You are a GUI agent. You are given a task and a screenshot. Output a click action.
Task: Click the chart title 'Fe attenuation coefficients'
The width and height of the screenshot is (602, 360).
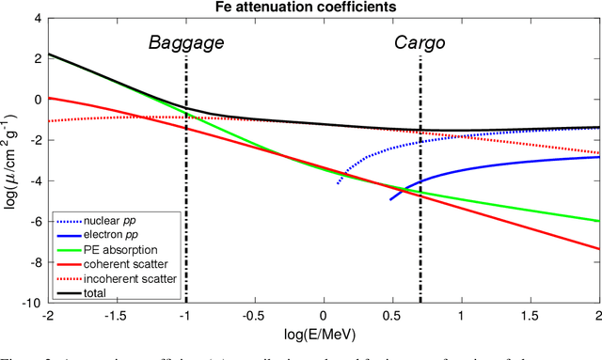[x=323, y=7]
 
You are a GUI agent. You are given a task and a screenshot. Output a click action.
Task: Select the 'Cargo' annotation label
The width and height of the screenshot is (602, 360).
[x=419, y=42]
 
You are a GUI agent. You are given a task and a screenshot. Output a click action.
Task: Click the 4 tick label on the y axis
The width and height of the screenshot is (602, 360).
[x=38, y=17]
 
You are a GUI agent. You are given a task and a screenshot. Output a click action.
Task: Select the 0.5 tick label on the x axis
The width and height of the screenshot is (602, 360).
[x=392, y=315]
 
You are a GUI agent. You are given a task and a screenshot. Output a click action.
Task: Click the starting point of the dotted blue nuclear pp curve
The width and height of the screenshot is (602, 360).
[x=338, y=183]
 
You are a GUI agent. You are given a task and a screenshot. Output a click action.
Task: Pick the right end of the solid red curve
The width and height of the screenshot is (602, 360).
[x=598, y=249]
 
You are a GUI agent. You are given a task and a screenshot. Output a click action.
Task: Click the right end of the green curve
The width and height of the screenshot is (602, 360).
[x=598, y=221]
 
